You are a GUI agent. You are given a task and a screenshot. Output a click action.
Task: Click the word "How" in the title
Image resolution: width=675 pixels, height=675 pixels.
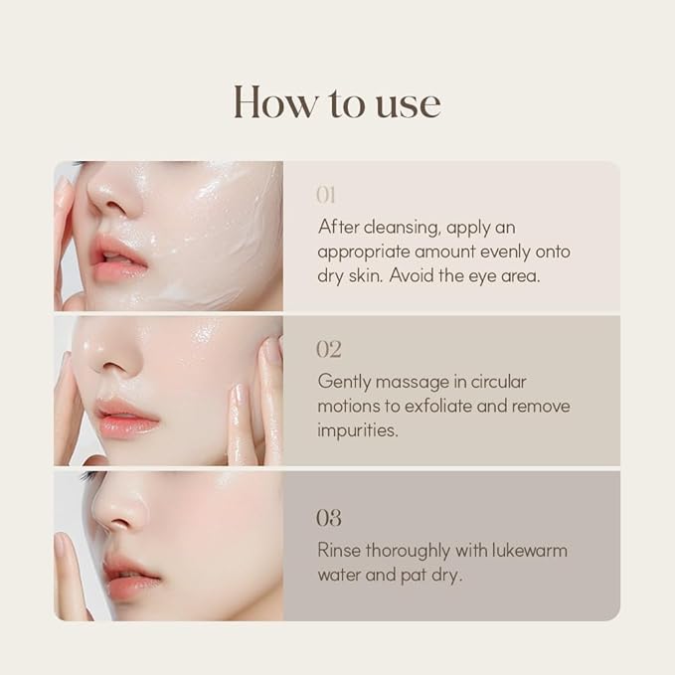[x=274, y=101]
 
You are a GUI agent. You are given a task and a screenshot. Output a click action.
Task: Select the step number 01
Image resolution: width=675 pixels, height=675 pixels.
[x=326, y=195]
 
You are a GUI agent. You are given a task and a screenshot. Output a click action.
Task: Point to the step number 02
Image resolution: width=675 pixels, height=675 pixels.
[x=329, y=349]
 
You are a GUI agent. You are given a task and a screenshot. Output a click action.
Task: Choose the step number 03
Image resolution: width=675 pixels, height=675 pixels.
[x=329, y=518]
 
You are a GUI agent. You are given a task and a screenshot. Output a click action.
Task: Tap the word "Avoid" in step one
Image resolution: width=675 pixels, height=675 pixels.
[x=412, y=275]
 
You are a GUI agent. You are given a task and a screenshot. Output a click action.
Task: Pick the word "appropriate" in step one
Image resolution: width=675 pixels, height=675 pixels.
[x=364, y=253]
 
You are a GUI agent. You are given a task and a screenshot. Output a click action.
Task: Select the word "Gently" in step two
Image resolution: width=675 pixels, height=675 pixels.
[x=344, y=383]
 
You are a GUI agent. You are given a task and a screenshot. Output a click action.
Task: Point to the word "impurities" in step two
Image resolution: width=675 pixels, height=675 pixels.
[x=357, y=430]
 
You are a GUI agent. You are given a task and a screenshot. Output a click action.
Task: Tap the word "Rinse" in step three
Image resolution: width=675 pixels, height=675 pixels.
[x=339, y=550]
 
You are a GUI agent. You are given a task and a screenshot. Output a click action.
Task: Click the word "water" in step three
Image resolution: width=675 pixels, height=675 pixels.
[x=339, y=576]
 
